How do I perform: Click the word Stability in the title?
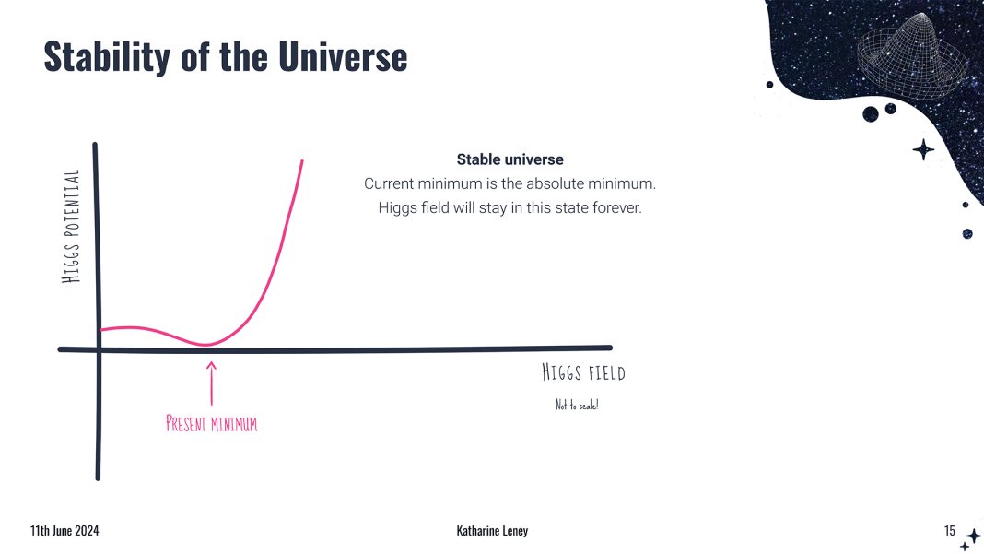(107, 56)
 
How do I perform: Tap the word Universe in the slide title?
(343, 56)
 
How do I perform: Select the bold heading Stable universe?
(510, 159)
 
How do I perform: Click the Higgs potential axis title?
(71, 226)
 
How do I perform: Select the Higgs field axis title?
(583, 372)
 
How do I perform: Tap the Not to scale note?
(577, 406)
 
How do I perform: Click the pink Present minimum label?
(212, 423)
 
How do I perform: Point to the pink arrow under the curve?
(212, 383)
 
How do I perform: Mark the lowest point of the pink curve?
(205, 344)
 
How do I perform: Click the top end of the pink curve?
(302, 161)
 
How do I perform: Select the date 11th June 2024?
(64, 531)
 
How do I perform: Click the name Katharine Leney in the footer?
(492, 531)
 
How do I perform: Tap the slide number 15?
(950, 531)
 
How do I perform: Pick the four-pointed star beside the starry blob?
(923, 150)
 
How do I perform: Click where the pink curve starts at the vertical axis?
(101, 329)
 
